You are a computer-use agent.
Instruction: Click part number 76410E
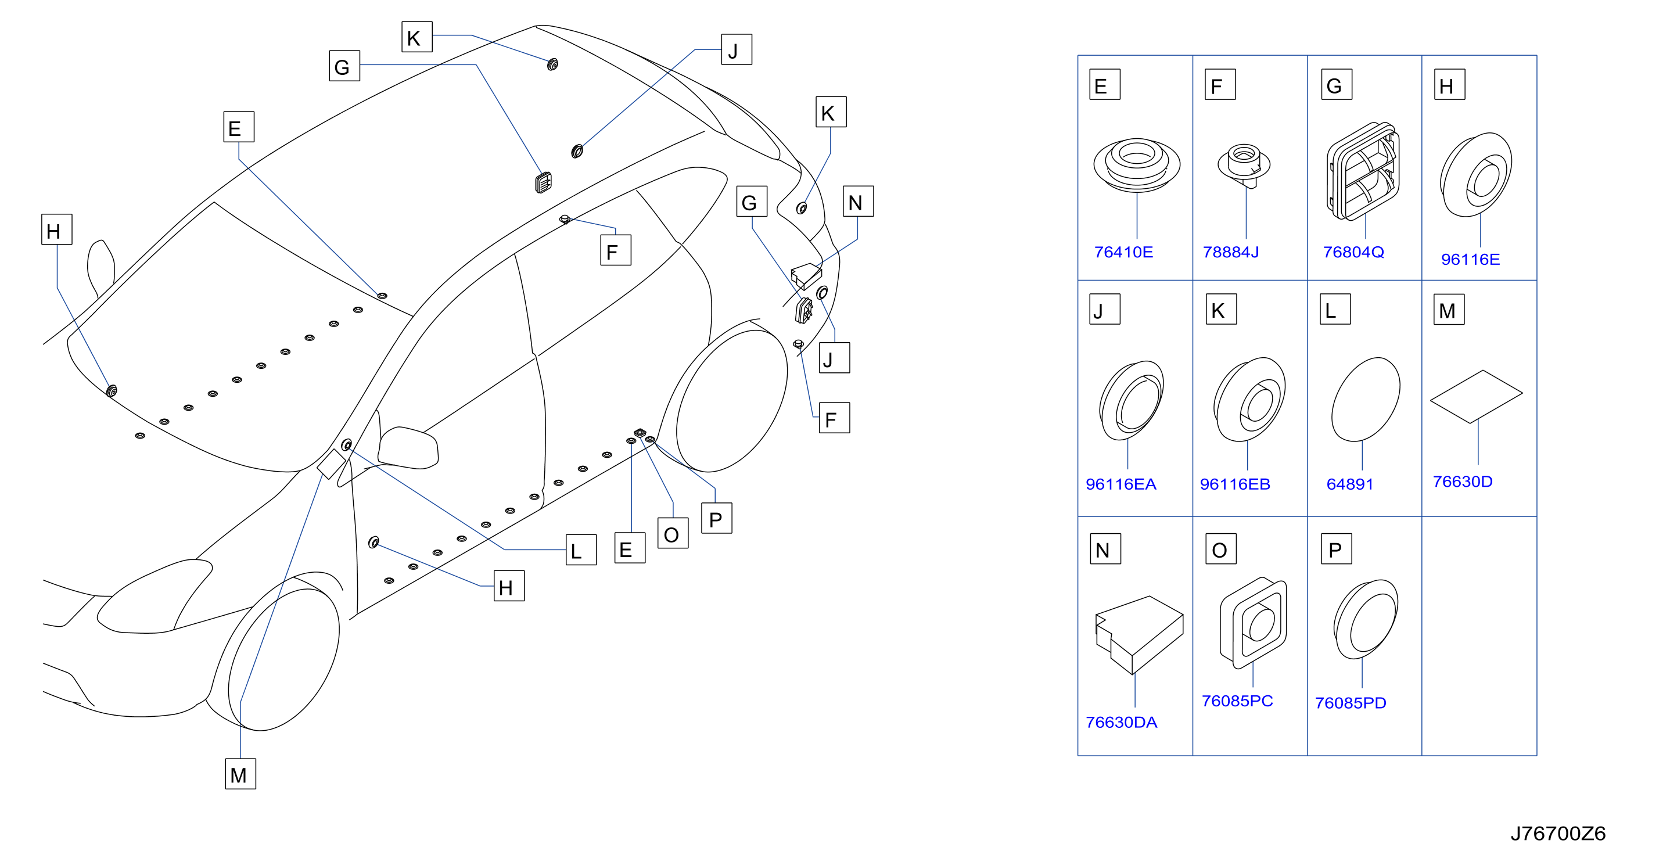pos(1123,252)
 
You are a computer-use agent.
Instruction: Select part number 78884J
pos(1230,252)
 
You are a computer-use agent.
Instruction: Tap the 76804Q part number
pos(1353,252)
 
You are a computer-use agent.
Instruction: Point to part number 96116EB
pos(1234,484)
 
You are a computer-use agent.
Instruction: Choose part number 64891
pos(1350,484)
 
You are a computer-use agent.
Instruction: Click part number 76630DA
pos(1121,722)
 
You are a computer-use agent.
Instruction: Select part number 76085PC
pos(1237,701)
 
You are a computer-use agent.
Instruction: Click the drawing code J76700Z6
pos(1558,834)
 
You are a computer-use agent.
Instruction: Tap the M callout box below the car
pos(240,774)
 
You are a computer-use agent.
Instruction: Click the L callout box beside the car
pos(581,549)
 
